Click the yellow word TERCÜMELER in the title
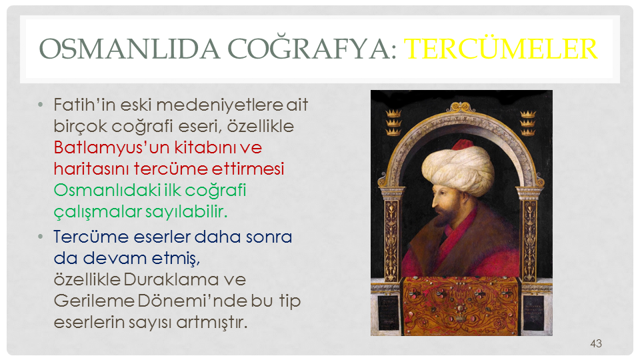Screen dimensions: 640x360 coord(501,49)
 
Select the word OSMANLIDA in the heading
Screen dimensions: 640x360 coord(129,49)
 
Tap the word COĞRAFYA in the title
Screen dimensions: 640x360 coord(312,48)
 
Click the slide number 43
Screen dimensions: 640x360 coord(596,343)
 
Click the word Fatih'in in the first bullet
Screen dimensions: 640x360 coord(85,105)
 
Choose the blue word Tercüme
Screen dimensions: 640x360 coord(91,237)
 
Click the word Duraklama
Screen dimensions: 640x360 coord(171,279)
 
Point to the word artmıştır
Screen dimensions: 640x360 coord(212,323)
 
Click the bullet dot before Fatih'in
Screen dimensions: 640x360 coord(40,105)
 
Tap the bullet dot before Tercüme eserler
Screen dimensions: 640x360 coord(40,237)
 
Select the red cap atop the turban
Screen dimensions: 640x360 coord(463,145)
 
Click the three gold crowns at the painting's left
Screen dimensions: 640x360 coord(393,122)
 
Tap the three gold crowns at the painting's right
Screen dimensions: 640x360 coord(527,122)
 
